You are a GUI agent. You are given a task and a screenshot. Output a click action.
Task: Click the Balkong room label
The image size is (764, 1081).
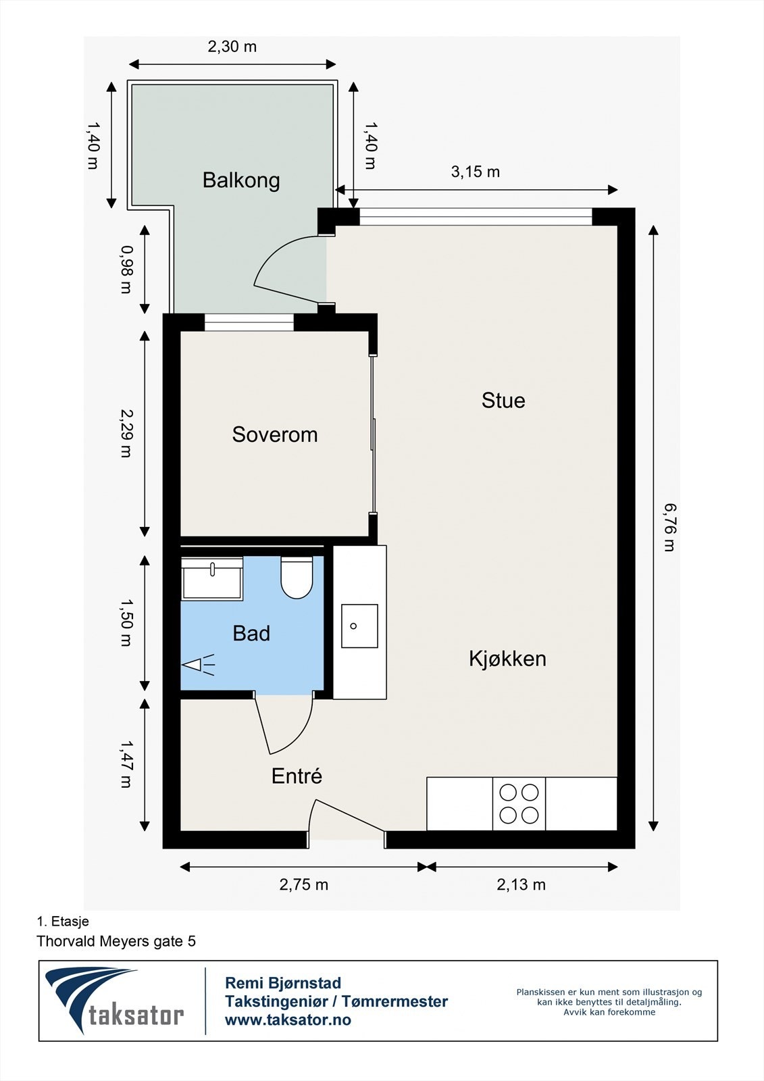(241, 180)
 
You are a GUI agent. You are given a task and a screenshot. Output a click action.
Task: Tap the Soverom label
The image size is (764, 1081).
(274, 434)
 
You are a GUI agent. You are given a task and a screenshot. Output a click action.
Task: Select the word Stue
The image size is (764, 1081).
(503, 401)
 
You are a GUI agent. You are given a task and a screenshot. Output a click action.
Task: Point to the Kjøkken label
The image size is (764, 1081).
(507, 659)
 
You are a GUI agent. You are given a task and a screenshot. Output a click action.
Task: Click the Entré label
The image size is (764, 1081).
(297, 776)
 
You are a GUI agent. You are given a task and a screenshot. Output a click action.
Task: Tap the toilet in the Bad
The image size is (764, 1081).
(297, 578)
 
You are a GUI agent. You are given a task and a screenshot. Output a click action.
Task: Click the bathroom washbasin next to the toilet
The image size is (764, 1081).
(212, 580)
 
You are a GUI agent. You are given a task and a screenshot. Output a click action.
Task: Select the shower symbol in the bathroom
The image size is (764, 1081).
(198, 665)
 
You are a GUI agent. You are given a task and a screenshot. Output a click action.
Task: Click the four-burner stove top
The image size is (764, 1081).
(519, 804)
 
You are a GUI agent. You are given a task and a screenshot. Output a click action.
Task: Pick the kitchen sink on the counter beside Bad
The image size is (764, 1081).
(359, 626)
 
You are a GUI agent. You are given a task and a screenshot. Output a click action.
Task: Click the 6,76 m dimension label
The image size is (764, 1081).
(669, 528)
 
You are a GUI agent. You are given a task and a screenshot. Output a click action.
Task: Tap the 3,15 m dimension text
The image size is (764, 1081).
(476, 172)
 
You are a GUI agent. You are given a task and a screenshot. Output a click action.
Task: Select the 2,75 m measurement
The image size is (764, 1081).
(304, 885)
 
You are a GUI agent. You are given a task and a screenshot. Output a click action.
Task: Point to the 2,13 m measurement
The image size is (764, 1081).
(521, 885)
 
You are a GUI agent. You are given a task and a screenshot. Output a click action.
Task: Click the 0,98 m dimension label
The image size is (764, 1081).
(126, 269)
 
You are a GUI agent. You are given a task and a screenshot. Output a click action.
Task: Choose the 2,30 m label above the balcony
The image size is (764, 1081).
(232, 47)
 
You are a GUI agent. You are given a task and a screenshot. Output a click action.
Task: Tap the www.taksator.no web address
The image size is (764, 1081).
(288, 1020)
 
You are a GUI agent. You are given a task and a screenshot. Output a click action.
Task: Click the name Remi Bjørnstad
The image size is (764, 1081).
(283, 983)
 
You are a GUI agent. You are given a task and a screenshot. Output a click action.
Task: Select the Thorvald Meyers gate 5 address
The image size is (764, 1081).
(116, 941)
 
